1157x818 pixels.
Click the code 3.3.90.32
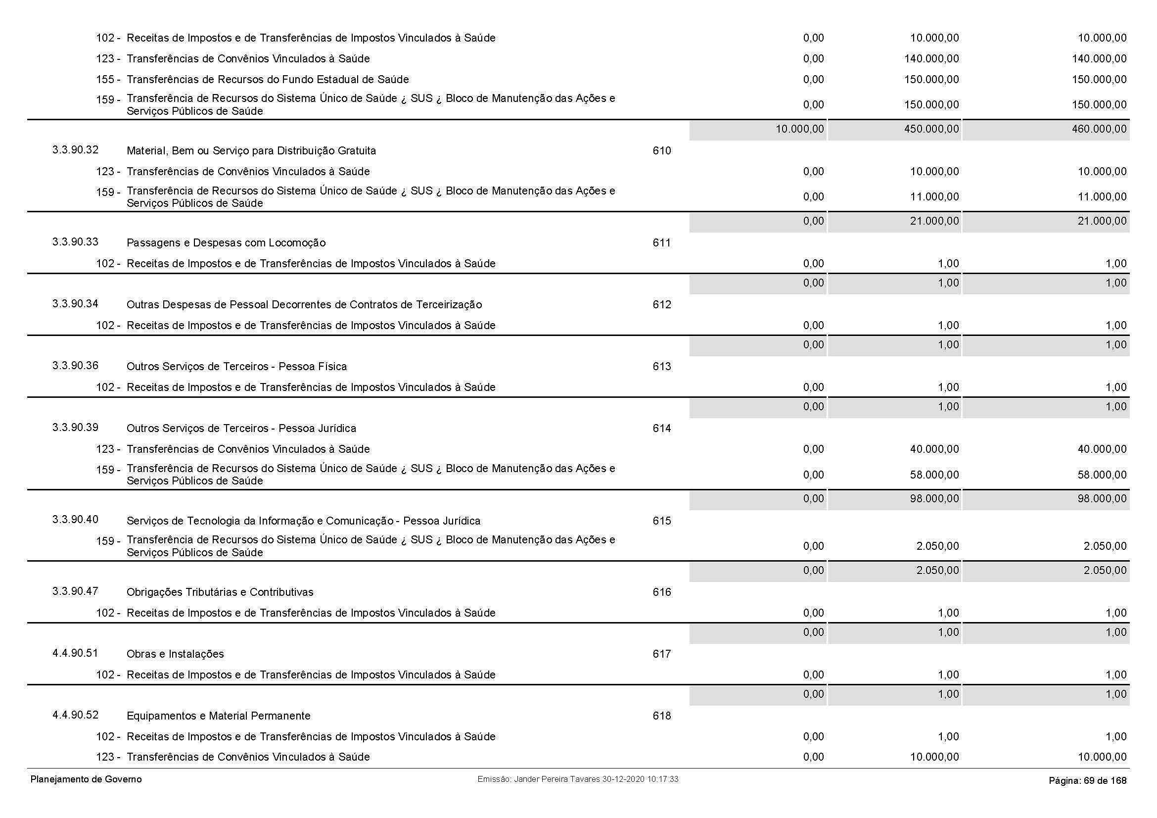coord(75,149)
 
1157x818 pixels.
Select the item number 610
coord(661,151)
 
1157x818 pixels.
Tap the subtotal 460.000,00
coord(1099,129)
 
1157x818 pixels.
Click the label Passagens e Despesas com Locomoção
coord(226,243)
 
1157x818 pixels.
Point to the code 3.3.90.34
coord(75,303)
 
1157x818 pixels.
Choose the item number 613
coord(661,366)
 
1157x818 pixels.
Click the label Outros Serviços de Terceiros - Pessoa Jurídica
coord(241,429)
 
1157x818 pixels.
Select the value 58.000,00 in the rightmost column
coord(1102,475)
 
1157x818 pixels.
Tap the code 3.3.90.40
coord(75,520)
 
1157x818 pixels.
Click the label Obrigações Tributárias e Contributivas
coord(220,592)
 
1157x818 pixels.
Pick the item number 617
coord(661,654)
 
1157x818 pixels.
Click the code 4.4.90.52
coord(75,715)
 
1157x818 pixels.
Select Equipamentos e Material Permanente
coord(218,716)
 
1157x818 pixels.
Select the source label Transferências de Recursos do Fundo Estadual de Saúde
coord(268,80)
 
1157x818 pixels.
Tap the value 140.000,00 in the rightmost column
coord(1099,59)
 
